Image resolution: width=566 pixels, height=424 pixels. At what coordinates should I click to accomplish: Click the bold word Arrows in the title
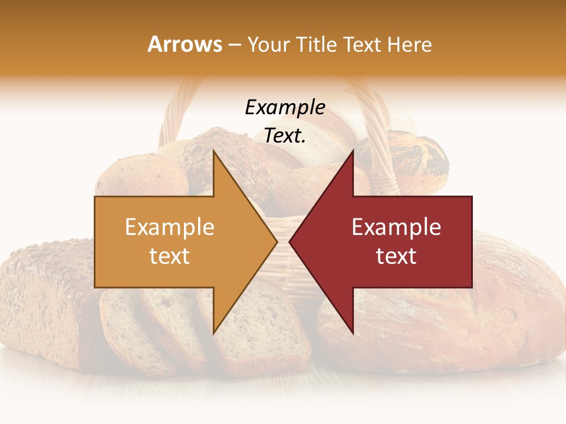[x=185, y=44]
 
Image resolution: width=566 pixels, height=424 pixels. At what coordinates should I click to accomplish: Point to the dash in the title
[x=235, y=45]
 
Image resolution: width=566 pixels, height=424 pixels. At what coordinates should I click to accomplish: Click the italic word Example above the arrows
[x=285, y=108]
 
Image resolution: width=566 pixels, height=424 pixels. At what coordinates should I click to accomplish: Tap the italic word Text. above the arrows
[x=285, y=136]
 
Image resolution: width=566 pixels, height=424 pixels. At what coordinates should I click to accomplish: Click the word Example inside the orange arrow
[x=170, y=227]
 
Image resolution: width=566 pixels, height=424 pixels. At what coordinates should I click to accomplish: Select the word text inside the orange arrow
[x=170, y=256]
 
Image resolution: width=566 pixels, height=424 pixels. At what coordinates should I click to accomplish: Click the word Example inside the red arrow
[x=396, y=227]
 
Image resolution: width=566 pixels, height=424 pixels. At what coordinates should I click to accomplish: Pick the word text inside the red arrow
[x=396, y=256]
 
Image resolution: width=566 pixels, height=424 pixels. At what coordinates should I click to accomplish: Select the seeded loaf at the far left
[x=41, y=294]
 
